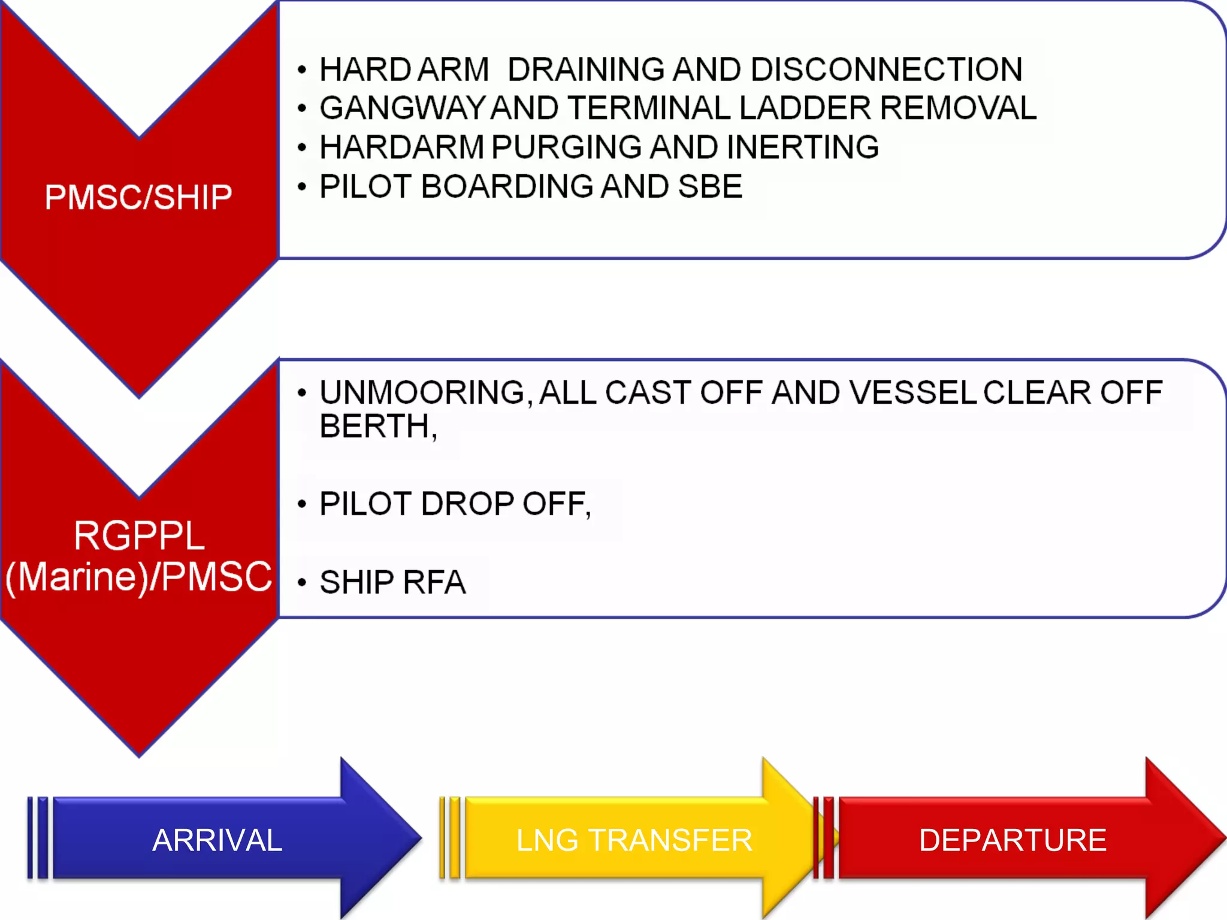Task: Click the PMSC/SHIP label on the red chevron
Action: (x=138, y=197)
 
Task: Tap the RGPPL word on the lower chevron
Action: (x=139, y=535)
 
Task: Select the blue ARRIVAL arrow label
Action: (x=217, y=840)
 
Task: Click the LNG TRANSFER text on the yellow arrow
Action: (x=634, y=840)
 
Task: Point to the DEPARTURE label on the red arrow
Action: (x=1013, y=840)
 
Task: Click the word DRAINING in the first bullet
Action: (x=585, y=69)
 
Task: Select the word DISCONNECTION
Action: (x=886, y=69)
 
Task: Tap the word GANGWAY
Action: (x=401, y=108)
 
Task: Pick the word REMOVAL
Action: (x=958, y=108)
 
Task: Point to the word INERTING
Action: (x=803, y=147)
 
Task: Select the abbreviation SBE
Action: (x=710, y=186)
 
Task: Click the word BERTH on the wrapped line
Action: (x=374, y=426)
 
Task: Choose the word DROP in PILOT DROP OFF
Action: (x=467, y=504)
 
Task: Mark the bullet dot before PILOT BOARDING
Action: (x=302, y=187)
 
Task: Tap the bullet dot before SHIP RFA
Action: (x=302, y=583)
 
